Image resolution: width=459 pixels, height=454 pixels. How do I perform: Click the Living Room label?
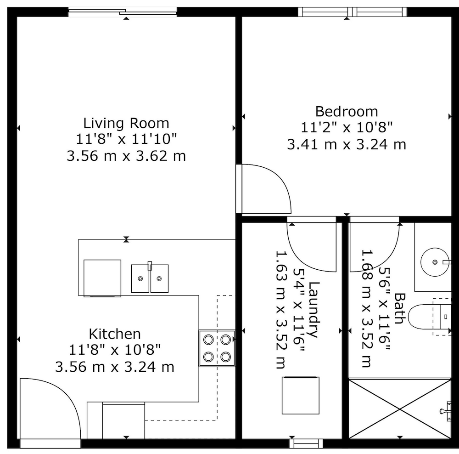coord(126,123)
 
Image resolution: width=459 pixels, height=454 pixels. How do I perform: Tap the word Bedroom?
coord(347,112)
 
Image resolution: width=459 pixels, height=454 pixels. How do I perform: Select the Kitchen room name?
coord(115,334)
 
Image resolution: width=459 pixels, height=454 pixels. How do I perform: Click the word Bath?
coord(399,308)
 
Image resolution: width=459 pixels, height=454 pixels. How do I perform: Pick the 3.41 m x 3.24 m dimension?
coord(347,144)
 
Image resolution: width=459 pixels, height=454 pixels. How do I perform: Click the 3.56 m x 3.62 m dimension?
coord(126,156)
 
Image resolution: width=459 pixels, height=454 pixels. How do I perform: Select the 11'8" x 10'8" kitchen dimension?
coord(115,350)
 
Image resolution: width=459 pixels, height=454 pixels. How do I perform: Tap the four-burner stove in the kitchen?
coord(217,348)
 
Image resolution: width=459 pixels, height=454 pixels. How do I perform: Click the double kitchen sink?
coord(150,278)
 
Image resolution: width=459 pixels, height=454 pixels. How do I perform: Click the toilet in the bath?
coord(429,317)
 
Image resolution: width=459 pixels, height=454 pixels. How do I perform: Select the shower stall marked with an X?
coord(400,409)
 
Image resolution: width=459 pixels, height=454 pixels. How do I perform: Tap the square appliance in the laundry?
coord(301,396)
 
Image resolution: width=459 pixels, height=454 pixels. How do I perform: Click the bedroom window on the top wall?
coord(353,12)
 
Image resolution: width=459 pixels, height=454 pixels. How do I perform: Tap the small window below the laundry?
coord(306,443)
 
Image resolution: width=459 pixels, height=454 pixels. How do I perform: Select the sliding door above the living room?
coord(123,12)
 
